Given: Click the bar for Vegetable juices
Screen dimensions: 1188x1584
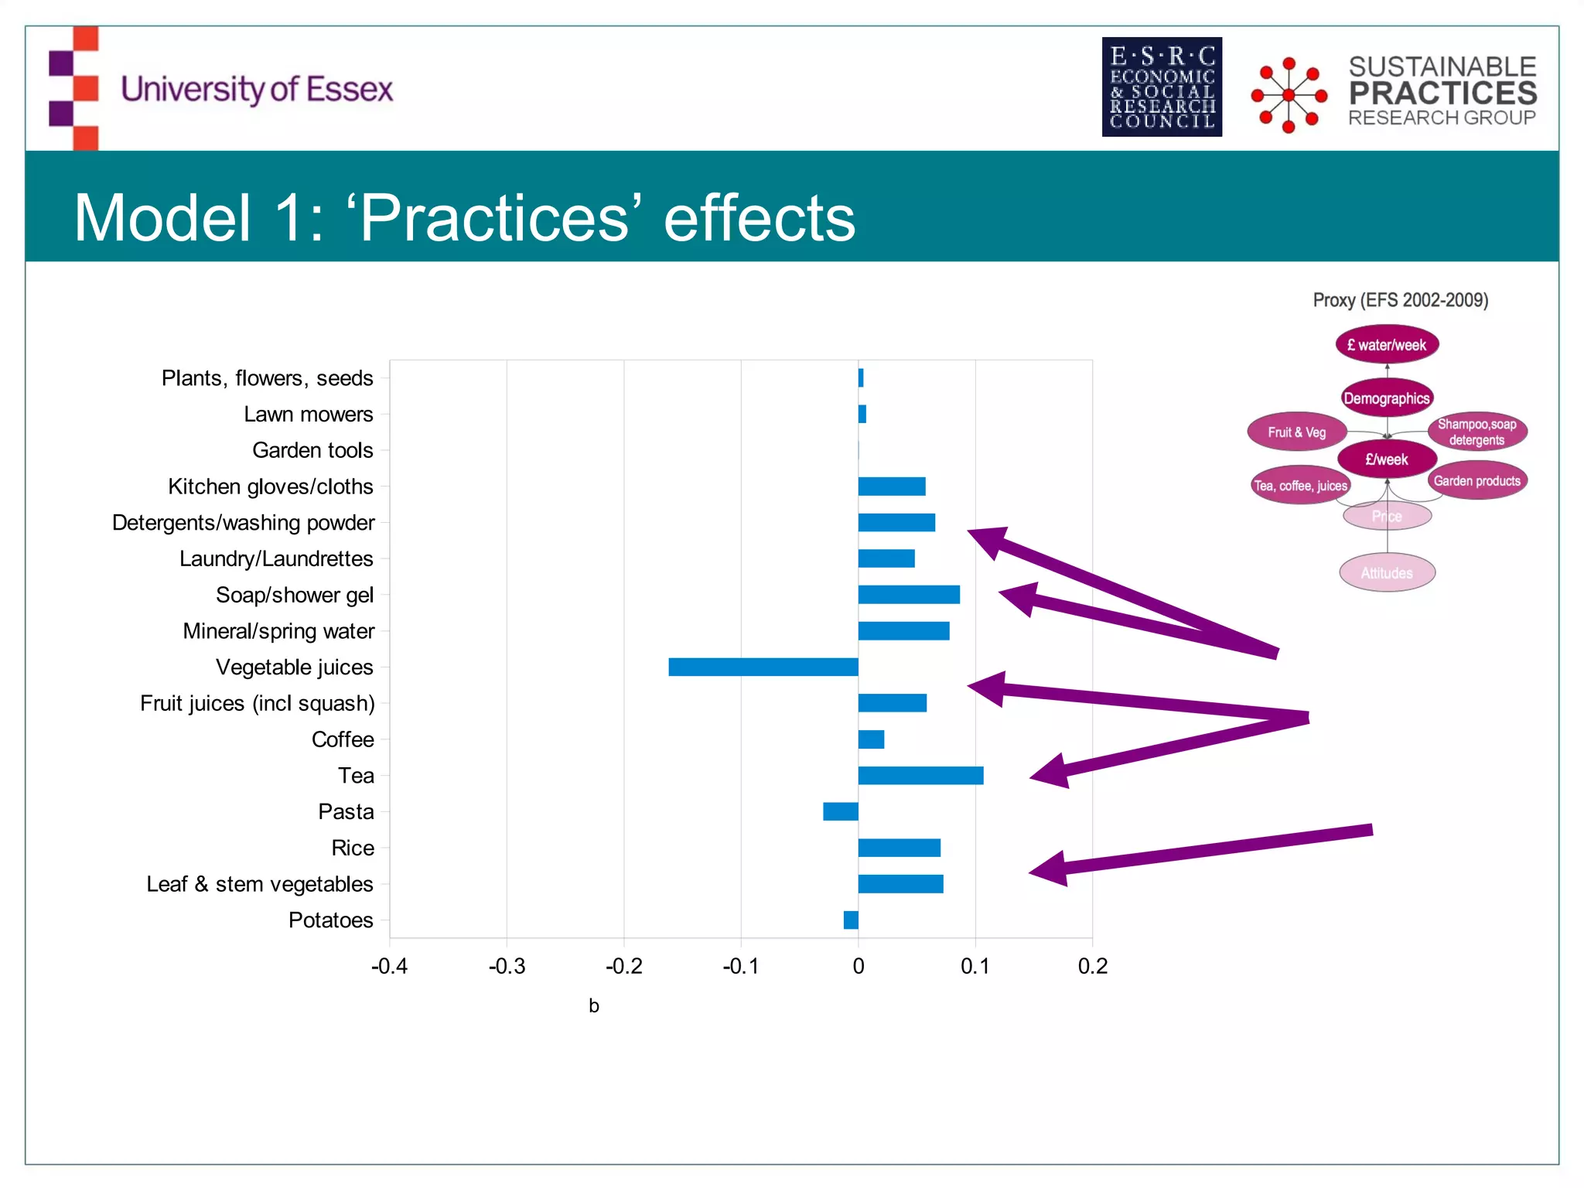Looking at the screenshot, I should pyautogui.click(x=763, y=667).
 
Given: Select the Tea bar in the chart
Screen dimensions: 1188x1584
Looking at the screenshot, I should pyautogui.click(x=920, y=775).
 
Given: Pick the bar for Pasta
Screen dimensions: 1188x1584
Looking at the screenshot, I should pyautogui.click(x=840, y=811).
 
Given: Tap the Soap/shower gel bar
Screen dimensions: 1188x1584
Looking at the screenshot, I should pyautogui.click(x=909, y=595).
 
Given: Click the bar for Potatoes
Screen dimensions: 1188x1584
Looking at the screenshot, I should pyautogui.click(x=851, y=920).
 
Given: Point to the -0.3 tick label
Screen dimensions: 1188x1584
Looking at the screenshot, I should pyautogui.click(x=507, y=966).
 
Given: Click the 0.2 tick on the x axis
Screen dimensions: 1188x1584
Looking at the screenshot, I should pyautogui.click(x=1092, y=966).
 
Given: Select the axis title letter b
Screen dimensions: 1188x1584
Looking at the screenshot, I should pyautogui.click(x=594, y=1005).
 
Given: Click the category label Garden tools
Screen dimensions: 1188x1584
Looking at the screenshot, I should pyautogui.click(x=312, y=450).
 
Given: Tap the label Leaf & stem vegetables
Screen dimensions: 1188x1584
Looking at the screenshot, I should pyautogui.click(x=260, y=884).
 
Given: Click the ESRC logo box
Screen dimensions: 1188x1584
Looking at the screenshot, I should pyautogui.click(x=1162, y=87).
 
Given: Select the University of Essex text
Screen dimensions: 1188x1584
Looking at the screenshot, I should pyautogui.click(x=257, y=90).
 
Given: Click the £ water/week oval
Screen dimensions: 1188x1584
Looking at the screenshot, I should pyautogui.click(x=1387, y=345).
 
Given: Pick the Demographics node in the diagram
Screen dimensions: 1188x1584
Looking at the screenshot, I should pyautogui.click(x=1387, y=398).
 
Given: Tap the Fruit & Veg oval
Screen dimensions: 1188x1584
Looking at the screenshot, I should pyautogui.click(x=1297, y=432).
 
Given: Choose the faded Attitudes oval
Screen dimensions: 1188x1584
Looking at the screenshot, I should pyautogui.click(x=1387, y=573).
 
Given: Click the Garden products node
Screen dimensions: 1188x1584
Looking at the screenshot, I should pyautogui.click(x=1476, y=481).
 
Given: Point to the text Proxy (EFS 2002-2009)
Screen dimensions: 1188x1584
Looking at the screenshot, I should pyautogui.click(x=1400, y=300).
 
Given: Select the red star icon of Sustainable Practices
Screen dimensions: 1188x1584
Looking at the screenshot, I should pyautogui.click(x=1289, y=95).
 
